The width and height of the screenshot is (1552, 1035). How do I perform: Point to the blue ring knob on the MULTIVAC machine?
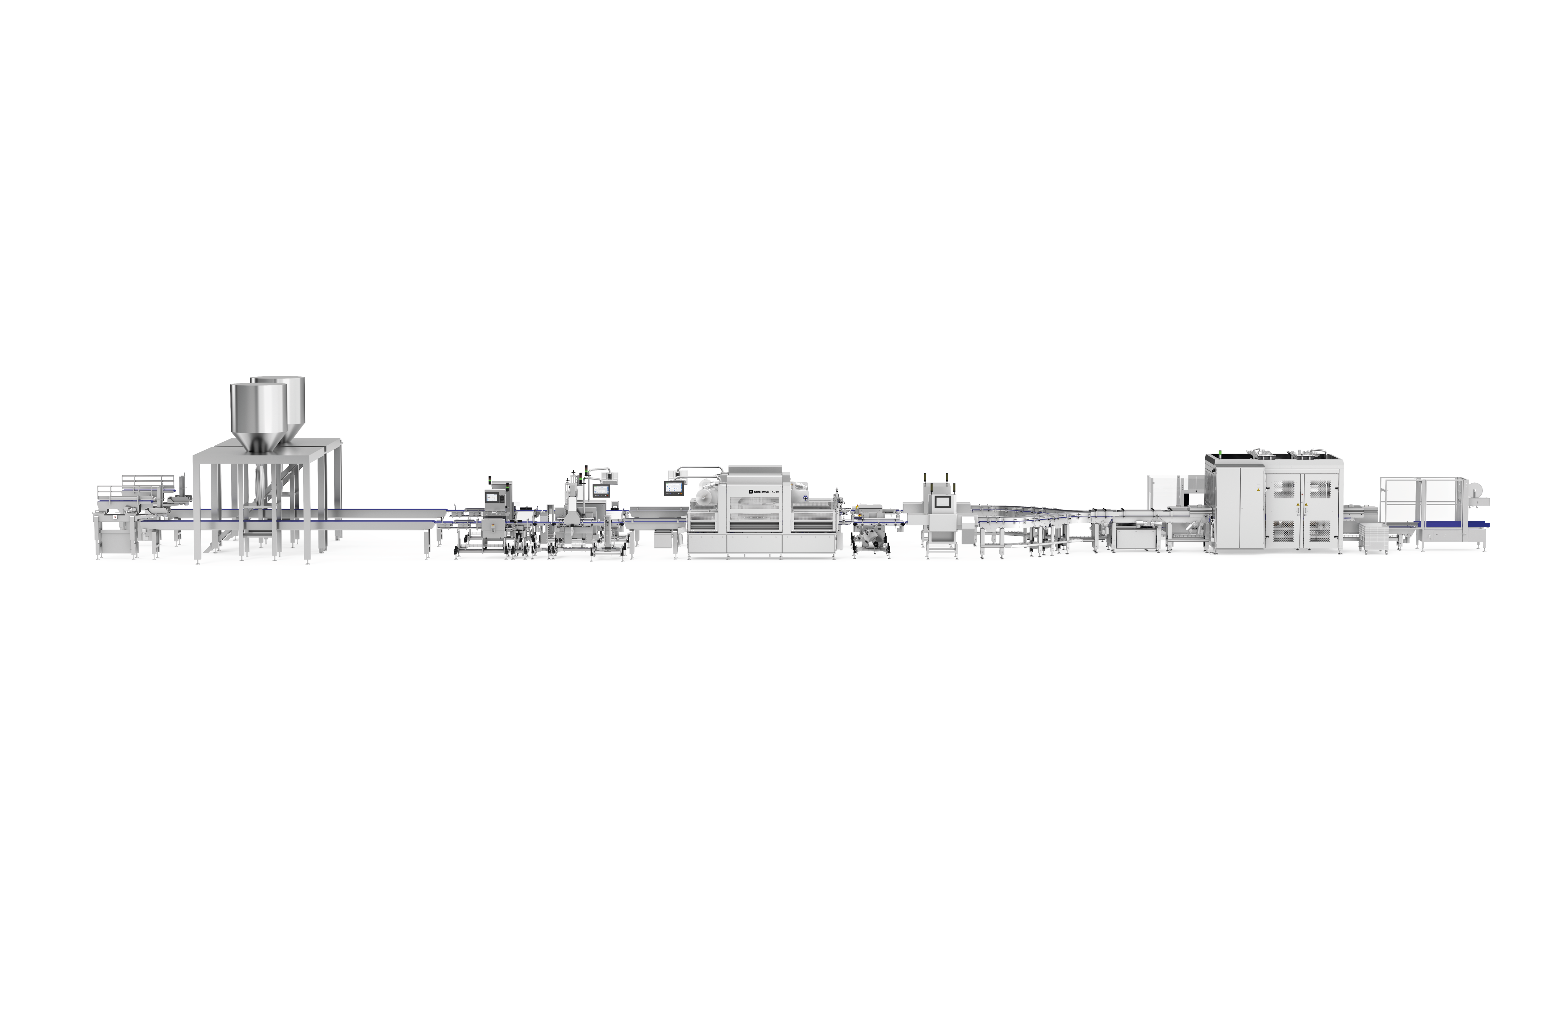(805, 498)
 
